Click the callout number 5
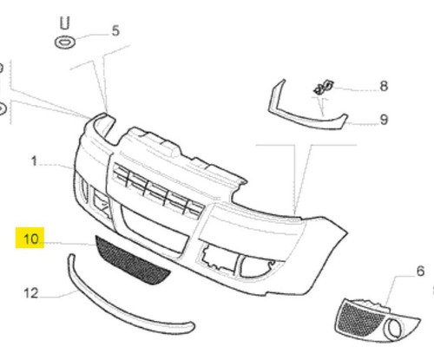click(115, 30)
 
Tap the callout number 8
click(384, 86)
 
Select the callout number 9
click(384, 120)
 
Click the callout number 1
click(34, 161)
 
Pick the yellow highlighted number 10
click(30, 238)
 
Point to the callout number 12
click(31, 293)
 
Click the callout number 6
click(420, 271)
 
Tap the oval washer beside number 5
click(65, 43)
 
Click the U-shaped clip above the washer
click(65, 23)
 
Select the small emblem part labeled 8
click(324, 88)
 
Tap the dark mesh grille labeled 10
click(132, 260)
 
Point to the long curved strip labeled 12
click(122, 311)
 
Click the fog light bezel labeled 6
click(376, 320)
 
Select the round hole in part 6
click(395, 329)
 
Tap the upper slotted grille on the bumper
click(158, 189)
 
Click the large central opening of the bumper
click(155, 228)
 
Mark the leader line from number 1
click(57, 166)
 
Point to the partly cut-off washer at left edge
click(3, 109)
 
